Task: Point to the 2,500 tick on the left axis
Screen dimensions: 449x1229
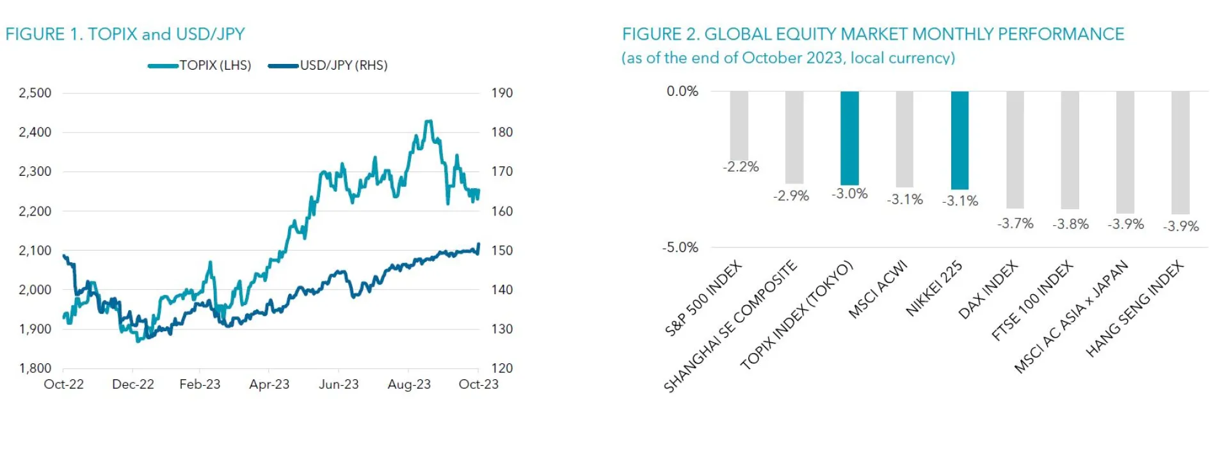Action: point(35,93)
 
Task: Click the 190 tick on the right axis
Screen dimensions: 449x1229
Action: point(502,93)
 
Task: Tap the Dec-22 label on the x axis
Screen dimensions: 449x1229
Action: point(133,384)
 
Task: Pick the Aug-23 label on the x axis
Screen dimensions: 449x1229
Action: point(409,384)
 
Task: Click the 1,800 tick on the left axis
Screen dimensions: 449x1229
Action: point(35,368)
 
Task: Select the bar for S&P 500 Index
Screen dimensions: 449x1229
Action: point(739,125)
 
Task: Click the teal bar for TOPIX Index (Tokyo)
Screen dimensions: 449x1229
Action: point(849,138)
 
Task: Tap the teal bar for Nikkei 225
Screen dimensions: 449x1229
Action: point(960,139)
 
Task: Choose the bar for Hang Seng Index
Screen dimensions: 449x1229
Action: point(1180,152)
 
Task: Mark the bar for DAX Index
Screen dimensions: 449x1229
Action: point(1015,149)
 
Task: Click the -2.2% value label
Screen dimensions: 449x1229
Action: point(741,167)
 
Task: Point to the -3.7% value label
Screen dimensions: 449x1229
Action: point(1015,223)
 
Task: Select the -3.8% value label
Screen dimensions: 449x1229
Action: point(1070,224)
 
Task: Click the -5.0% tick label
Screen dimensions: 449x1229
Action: point(680,248)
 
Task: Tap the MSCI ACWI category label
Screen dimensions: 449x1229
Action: point(878,289)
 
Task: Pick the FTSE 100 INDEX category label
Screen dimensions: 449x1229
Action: point(1032,301)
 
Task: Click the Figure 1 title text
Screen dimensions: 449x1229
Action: point(125,34)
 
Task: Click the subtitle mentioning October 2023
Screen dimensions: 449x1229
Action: point(788,58)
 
